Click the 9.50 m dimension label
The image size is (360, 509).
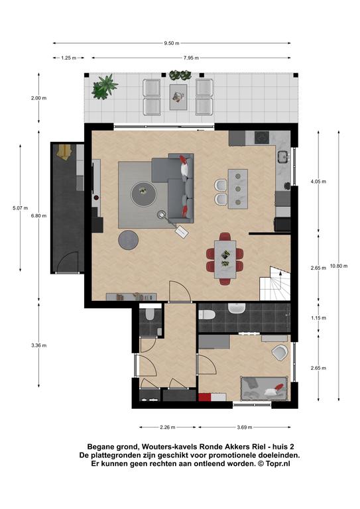coord(172,43)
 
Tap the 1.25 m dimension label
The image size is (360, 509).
coord(68,58)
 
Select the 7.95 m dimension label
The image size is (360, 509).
coord(191,58)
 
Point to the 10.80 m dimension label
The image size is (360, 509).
coord(339,266)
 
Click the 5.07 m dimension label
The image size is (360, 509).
coord(20,208)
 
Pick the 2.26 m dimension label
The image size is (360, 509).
coord(168,427)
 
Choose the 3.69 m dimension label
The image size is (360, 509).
coord(245,427)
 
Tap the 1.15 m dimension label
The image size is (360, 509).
coord(318,318)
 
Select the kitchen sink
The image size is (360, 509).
coord(283,156)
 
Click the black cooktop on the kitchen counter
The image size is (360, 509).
coord(262,138)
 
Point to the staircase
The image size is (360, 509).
coord(274,284)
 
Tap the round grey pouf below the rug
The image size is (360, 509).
coord(128,240)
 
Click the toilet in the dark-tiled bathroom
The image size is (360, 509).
coord(206,314)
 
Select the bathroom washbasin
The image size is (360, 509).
coord(237,308)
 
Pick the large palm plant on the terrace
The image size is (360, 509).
coord(105,87)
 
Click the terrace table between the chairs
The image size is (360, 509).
coord(178,97)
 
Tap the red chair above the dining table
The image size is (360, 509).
coord(225,237)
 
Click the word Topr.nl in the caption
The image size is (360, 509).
coord(278,464)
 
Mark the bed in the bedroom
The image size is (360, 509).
coord(264,389)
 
